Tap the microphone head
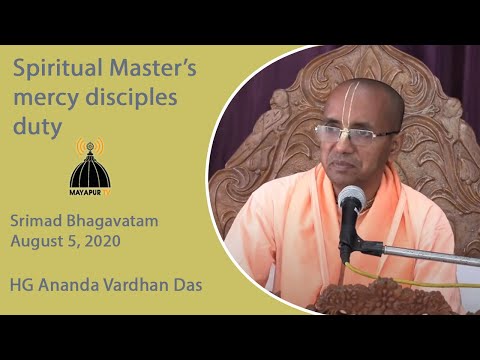[352, 200]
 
